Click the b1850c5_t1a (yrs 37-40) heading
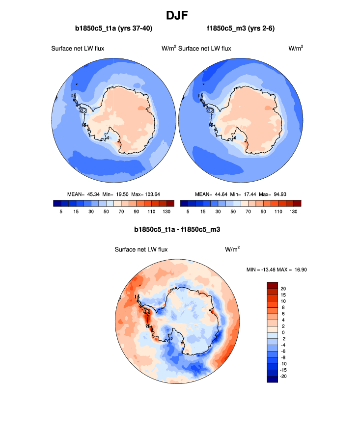coord(113,28)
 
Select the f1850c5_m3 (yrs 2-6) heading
coord(241,28)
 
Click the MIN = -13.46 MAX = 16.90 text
coord(277,269)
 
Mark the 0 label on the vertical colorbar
coord(282,332)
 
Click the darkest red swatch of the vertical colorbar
coord(272,285)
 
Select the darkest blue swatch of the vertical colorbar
coord(272,379)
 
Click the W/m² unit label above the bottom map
coord(232,249)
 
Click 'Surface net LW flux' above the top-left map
coord(78,48)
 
